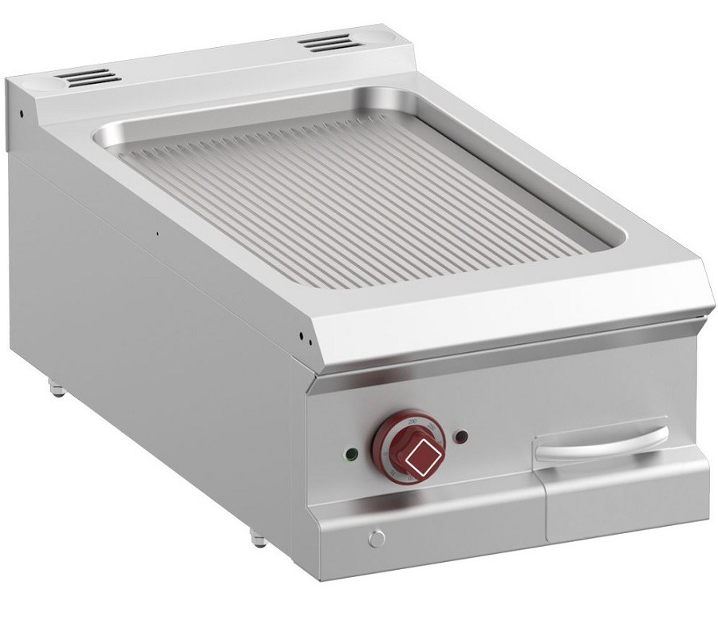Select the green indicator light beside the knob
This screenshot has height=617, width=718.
pyautogui.click(x=349, y=456)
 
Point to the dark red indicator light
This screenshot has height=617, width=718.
pyautogui.click(x=460, y=436)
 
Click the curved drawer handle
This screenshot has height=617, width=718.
pyautogui.click(x=601, y=443)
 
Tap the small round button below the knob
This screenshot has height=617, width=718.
pyautogui.click(x=376, y=538)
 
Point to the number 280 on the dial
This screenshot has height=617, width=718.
pyautogui.click(x=412, y=417)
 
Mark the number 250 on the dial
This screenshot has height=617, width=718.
pyautogui.click(x=432, y=429)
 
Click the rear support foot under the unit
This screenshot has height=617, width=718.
pyautogui.click(x=57, y=389)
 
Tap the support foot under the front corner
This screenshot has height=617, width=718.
pyautogui.click(x=258, y=538)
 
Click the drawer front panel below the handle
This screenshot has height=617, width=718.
pyautogui.click(x=622, y=499)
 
